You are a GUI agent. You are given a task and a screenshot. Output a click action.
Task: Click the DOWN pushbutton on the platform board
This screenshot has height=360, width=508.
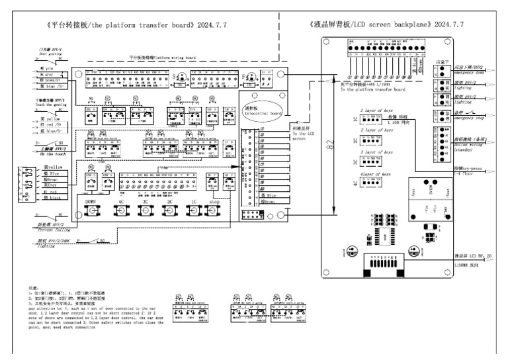pos(91,212)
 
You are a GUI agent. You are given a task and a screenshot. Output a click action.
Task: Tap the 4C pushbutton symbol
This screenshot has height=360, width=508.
pos(120,212)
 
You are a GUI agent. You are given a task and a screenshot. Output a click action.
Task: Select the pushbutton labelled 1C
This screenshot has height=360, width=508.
pos(193,212)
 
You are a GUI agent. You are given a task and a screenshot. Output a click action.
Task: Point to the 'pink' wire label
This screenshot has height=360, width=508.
pos(48,69)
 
